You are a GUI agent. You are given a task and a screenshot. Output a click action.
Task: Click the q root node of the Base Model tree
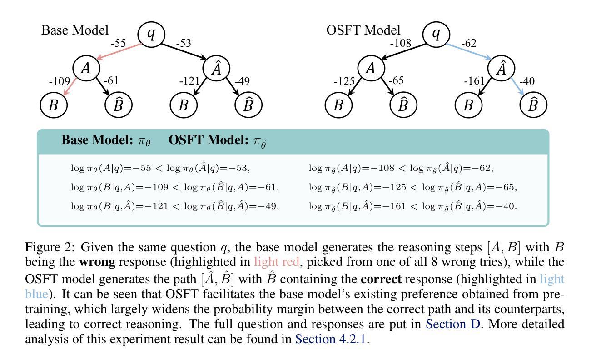pos(151,34)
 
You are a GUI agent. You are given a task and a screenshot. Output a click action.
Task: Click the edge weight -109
pos(59,81)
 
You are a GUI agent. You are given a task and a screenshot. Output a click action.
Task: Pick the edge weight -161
pos(475,81)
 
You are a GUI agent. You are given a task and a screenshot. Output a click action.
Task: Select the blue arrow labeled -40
pos(517,86)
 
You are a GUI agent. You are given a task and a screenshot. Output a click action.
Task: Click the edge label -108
pos(401,44)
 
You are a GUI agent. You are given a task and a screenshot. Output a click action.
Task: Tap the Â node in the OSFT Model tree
pos(502,69)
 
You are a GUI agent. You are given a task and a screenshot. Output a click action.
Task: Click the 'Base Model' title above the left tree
pos(75,30)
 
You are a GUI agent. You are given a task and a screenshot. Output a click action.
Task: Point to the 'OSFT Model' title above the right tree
pos(363,30)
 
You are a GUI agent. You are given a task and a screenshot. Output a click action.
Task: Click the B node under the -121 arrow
pos(184,105)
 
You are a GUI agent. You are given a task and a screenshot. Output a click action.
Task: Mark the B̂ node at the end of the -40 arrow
pos(533,105)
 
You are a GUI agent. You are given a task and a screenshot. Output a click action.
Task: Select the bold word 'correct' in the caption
pos(381,279)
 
